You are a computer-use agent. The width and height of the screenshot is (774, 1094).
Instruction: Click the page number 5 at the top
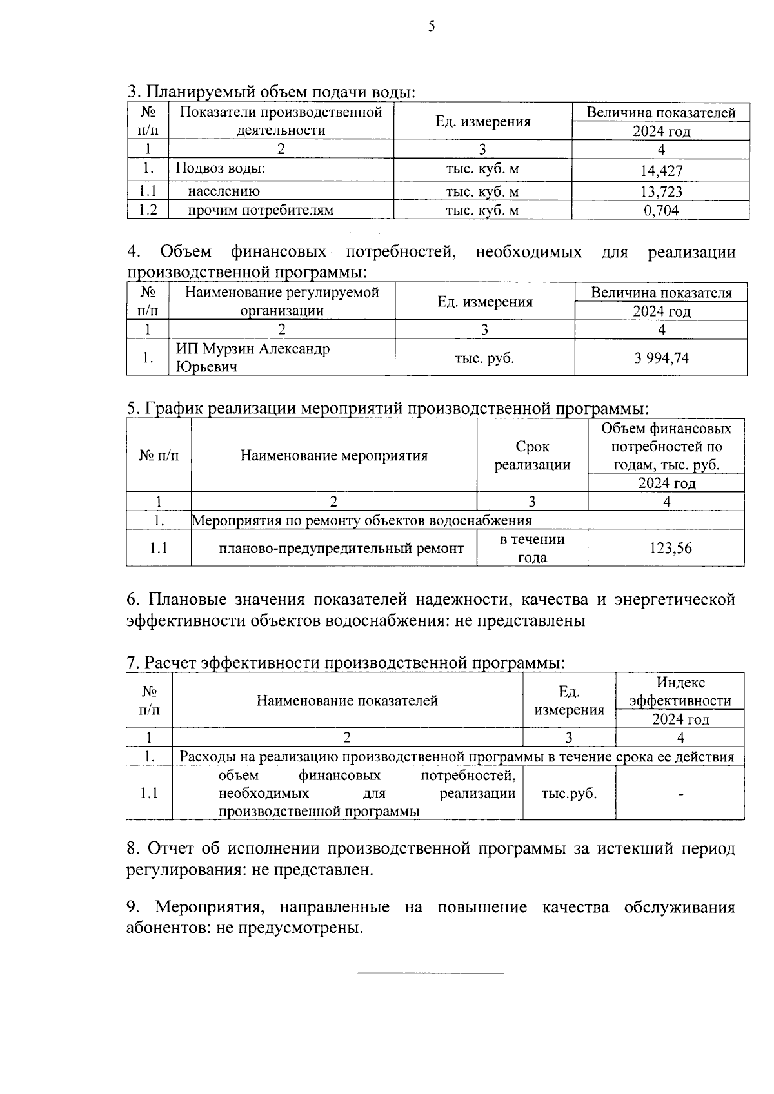[x=431, y=26]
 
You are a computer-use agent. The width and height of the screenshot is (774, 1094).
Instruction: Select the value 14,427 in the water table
[x=661, y=171]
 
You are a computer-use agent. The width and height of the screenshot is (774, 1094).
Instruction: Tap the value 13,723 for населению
[x=661, y=192]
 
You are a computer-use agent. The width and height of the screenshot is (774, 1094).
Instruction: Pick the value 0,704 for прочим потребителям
[x=661, y=211]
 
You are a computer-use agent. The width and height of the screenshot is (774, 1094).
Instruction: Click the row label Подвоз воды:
[x=221, y=169]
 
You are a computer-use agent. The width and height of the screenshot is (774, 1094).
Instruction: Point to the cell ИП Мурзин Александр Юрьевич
[x=253, y=358]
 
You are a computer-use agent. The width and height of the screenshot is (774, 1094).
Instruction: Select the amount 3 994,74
[x=661, y=358]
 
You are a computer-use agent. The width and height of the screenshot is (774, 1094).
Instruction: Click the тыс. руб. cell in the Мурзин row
[x=484, y=358]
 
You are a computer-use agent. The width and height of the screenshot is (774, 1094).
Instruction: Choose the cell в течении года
[x=532, y=549]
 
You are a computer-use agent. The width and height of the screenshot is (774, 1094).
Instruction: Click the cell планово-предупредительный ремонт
[x=341, y=549]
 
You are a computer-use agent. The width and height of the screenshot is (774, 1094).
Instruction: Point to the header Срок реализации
[x=532, y=456]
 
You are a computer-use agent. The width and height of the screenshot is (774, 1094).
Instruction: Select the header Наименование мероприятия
[x=334, y=456]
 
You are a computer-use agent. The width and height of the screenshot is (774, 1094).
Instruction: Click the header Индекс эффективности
[x=680, y=692]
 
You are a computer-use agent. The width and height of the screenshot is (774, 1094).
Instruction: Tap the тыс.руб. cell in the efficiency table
[x=569, y=794]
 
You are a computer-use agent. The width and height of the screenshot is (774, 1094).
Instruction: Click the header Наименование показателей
[x=347, y=701]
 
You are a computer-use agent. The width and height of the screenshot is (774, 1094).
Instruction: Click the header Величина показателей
[x=660, y=113]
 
